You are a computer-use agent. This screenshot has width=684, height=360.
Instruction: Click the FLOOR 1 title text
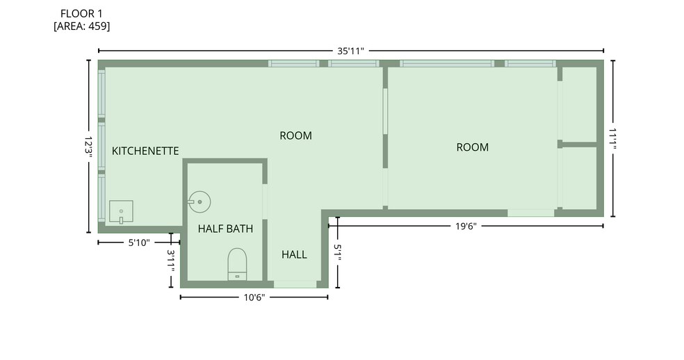(81, 13)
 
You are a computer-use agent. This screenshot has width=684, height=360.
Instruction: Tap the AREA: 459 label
(81, 26)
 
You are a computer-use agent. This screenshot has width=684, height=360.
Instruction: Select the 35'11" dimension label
(350, 51)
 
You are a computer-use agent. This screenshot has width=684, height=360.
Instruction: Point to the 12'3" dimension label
(88, 146)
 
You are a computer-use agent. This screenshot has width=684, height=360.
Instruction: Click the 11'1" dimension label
(612, 138)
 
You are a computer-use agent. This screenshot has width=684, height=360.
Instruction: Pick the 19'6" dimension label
(466, 226)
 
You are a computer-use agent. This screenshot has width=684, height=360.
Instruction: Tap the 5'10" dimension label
(139, 243)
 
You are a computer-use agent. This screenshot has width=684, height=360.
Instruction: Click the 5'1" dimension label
(338, 252)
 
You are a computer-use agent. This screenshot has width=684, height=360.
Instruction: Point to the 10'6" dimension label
(254, 297)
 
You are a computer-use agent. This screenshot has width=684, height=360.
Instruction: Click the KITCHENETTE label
(145, 151)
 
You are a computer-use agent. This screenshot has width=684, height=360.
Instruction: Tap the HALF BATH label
(225, 229)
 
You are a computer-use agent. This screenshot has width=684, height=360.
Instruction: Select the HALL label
(294, 254)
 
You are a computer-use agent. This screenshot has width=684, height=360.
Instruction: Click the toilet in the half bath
(237, 264)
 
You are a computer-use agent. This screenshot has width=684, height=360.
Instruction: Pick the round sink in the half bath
(199, 202)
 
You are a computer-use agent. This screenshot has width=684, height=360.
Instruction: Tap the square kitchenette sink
(121, 212)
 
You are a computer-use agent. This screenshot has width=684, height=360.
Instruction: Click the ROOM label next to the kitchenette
(295, 136)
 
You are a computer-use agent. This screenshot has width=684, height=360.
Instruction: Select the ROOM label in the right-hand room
(473, 147)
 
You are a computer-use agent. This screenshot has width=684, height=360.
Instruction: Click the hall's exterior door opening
(295, 284)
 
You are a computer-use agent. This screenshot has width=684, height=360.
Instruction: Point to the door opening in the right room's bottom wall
(531, 213)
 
